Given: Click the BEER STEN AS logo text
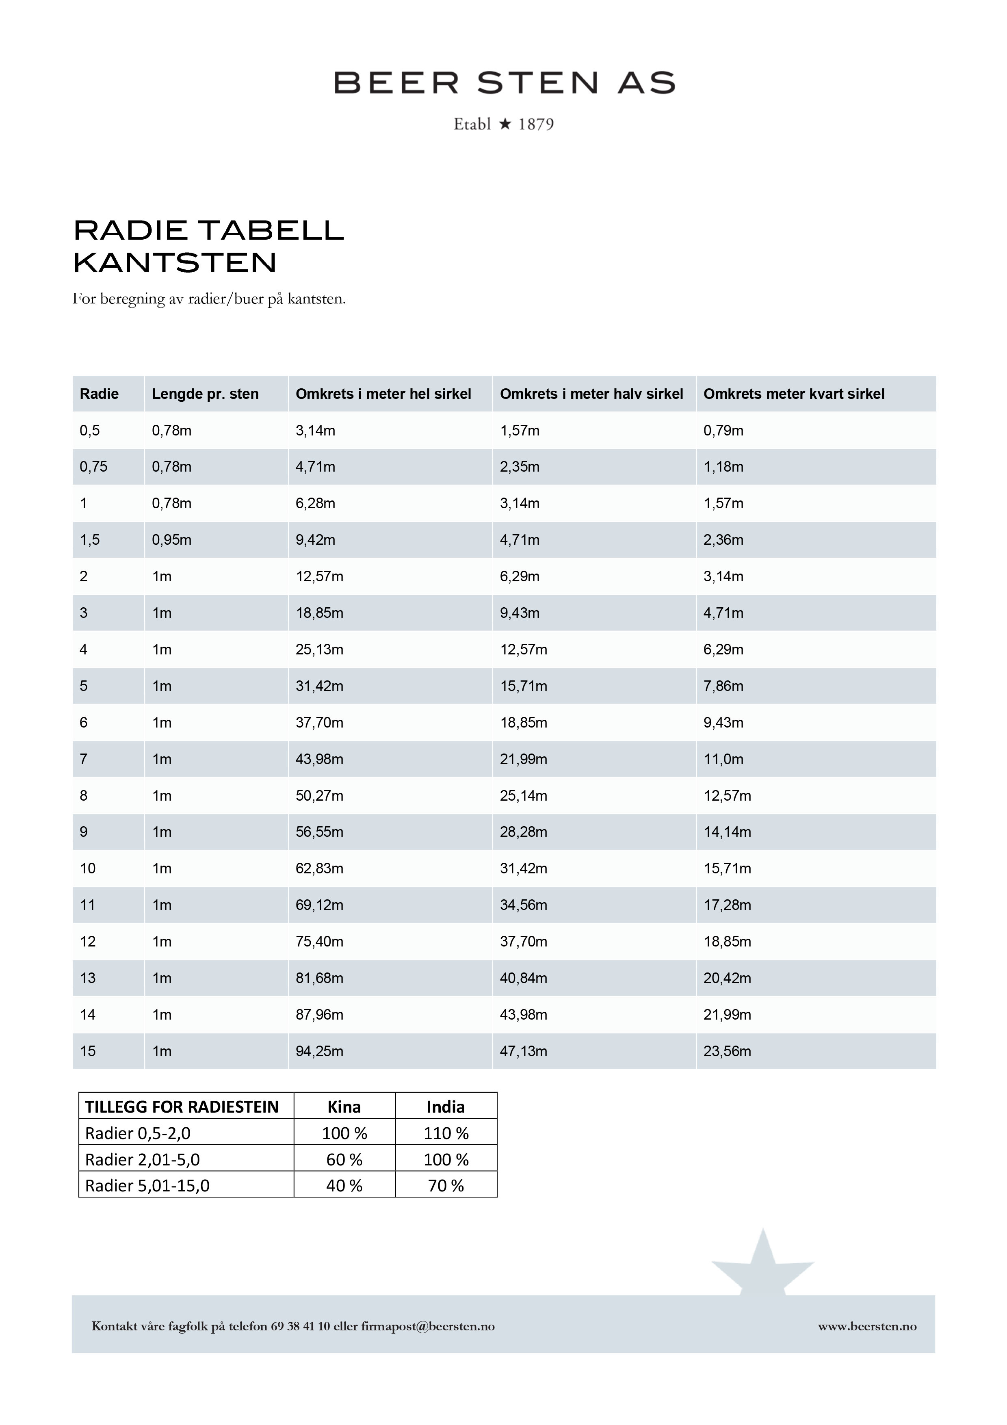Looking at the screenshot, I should point(504,82).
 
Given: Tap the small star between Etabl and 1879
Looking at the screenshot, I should point(505,124).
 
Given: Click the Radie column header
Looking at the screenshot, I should point(99,394).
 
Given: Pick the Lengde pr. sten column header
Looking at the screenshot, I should point(206,394).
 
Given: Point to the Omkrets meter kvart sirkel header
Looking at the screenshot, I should point(794,394).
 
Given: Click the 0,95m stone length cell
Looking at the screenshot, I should point(172,540).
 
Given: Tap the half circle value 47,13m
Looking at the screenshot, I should point(524,1051).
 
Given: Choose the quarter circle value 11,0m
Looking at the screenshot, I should point(723,759).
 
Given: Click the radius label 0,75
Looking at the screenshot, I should point(94,467).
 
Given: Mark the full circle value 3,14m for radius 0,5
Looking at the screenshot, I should point(315,431).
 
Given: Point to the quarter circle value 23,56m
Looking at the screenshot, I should point(727,1051).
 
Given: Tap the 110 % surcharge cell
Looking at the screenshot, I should point(446,1133).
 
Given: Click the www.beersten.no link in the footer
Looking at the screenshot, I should point(867,1326).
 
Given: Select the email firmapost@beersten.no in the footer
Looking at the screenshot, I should point(428,1326).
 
